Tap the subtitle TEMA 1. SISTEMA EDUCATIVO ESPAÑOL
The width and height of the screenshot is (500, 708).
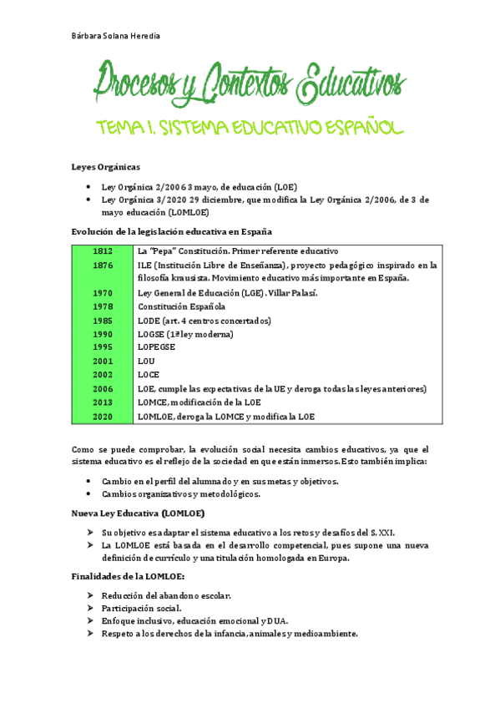250,128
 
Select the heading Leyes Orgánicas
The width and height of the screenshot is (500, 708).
105,168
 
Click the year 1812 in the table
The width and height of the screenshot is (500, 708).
103,251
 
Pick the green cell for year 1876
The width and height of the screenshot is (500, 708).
103,265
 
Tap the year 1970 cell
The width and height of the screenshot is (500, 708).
103,293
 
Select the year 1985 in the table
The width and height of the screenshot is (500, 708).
103,321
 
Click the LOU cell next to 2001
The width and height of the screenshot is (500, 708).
147,362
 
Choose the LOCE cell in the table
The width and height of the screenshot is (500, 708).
149,375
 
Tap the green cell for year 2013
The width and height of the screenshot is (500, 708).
103,402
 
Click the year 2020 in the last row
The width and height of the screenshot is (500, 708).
103,416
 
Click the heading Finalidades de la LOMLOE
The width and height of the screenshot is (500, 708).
138,577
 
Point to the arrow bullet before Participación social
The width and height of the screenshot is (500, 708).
91,609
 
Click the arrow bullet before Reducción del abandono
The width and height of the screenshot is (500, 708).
91,595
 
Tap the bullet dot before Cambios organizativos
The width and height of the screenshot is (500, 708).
90,494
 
